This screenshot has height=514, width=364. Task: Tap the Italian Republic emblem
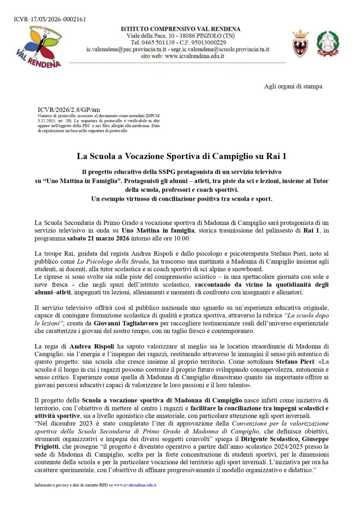(x=328, y=44)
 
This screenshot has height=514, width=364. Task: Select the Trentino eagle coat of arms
(x=300, y=44)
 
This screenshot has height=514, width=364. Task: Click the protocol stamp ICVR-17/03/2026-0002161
(x=44, y=19)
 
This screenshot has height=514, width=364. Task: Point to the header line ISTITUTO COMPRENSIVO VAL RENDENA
(x=180, y=29)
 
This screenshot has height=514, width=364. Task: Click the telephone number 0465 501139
(x=158, y=43)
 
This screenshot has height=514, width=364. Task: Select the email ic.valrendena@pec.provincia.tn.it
(x=126, y=49)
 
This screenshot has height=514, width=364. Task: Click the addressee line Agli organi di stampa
(x=293, y=86)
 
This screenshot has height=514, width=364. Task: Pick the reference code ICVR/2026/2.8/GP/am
(x=69, y=110)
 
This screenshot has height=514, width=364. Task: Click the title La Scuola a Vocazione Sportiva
(x=182, y=156)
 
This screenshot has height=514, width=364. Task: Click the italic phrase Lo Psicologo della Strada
(x=113, y=262)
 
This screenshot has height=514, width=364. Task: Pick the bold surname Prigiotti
(x=48, y=447)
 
